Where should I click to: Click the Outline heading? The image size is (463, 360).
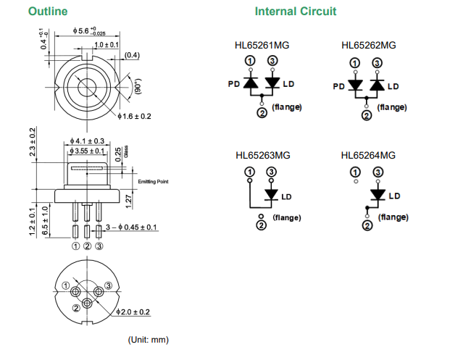48,12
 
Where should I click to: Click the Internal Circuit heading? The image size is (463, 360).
295,12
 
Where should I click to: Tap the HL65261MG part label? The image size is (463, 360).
262,45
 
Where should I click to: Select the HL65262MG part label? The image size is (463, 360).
369,45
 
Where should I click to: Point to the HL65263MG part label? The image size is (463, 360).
262,155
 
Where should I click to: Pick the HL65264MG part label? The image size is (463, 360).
369,155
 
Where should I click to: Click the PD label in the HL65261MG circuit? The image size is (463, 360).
234,84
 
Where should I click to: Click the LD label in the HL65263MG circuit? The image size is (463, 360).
286,196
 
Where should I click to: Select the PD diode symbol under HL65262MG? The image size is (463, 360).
355,85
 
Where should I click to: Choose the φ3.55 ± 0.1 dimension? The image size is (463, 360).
88,151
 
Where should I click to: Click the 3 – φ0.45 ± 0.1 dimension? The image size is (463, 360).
131,227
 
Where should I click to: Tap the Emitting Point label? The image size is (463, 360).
153,181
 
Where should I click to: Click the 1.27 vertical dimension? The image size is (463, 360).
128,200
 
